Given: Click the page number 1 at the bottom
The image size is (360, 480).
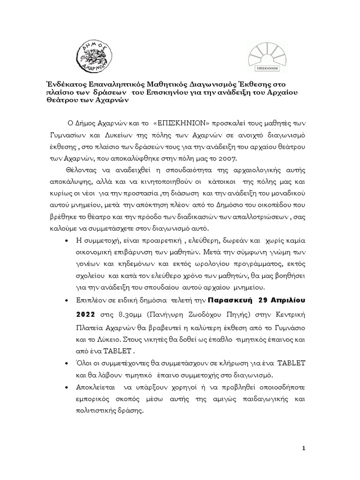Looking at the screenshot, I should (x=303, y=448).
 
